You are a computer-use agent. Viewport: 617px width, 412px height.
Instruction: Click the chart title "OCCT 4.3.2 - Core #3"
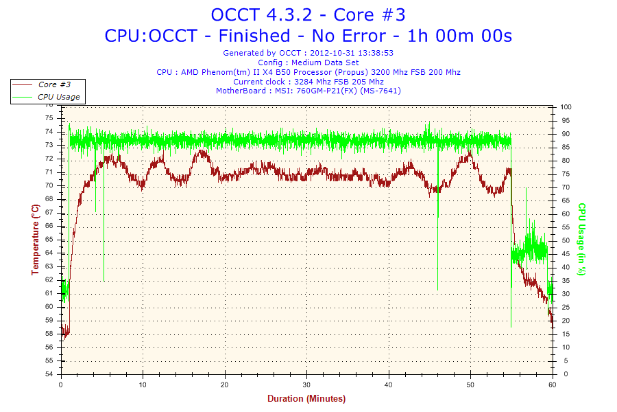[x=308, y=14]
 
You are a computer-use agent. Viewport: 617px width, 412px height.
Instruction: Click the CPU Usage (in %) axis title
[x=581, y=239]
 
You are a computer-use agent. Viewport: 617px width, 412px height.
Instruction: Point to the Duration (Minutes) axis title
[x=306, y=398]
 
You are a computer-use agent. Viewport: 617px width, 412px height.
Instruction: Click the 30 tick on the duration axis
[x=307, y=385]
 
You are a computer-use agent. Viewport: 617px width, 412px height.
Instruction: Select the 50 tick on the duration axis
[x=471, y=385]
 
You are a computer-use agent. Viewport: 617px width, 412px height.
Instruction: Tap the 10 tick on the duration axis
[x=143, y=385]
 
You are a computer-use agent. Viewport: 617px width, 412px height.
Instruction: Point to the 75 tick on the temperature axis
[x=49, y=118]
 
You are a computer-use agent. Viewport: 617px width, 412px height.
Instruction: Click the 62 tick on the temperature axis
[x=49, y=279]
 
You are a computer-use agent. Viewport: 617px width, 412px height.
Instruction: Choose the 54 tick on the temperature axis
[x=49, y=374]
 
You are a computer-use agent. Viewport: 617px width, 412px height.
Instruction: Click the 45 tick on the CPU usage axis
[x=565, y=254]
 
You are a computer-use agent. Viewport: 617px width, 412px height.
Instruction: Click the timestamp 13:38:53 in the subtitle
[x=375, y=52]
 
